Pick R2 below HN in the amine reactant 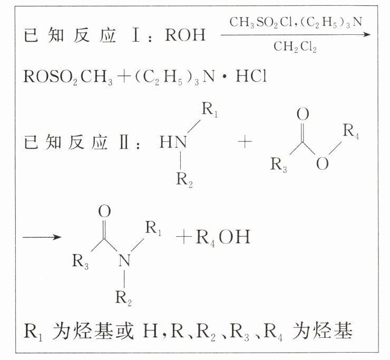184,180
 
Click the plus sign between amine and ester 245,142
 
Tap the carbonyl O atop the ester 303,114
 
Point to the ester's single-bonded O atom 322,164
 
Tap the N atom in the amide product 123,259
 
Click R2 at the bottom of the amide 123,300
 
